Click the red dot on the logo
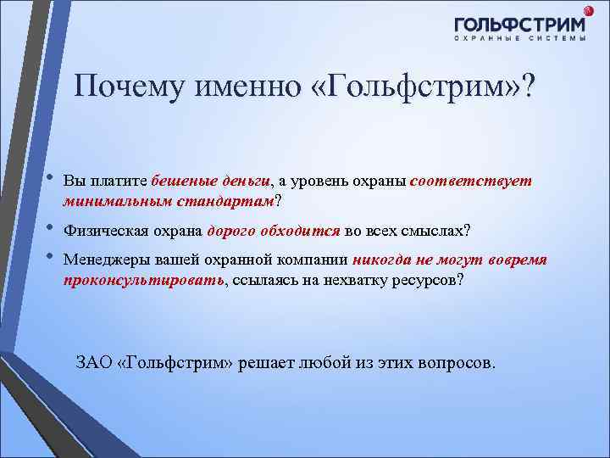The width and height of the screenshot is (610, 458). pyautogui.click(x=589, y=10)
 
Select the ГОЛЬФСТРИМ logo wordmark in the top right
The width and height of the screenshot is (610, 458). pyautogui.click(x=518, y=25)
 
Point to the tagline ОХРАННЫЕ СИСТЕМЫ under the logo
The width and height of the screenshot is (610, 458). pyautogui.click(x=519, y=40)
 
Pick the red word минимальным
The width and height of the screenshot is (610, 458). pyautogui.click(x=115, y=202)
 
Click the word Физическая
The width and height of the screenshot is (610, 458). pyautogui.click(x=99, y=231)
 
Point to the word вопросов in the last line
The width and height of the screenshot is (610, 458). pyautogui.click(x=457, y=362)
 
